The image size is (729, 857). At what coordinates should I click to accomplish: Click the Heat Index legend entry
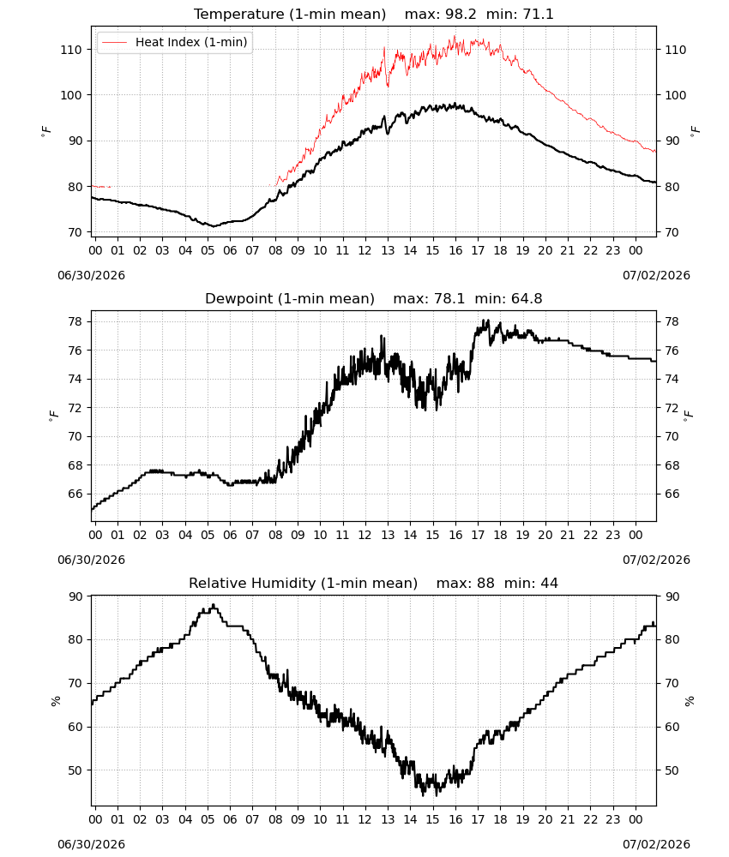(174, 42)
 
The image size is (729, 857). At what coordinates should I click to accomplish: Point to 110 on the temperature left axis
(71, 50)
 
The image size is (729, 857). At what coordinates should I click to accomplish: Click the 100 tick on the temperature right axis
(676, 95)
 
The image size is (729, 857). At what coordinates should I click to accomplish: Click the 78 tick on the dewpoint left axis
(75, 321)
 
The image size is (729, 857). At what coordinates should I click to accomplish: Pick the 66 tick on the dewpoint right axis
(672, 494)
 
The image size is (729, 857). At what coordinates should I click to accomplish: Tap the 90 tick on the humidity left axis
(75, 596)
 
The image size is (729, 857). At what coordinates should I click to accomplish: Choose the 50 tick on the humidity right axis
(672, 770)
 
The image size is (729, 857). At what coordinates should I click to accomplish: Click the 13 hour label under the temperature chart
(388, 250)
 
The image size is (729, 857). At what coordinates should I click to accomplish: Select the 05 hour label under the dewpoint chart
(208, 535)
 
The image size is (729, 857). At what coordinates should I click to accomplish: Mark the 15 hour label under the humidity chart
(432, 819)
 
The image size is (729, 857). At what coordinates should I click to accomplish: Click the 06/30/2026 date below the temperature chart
(91, 275)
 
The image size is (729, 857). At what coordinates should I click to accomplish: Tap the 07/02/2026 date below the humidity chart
(656, 844)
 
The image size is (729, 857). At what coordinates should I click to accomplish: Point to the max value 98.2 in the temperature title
(462, 15)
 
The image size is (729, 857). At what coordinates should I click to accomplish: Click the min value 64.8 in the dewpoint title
(527, 299)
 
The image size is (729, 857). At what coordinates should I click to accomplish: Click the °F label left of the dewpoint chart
(53, 416)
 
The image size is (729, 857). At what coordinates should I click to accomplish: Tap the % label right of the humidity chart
(690, 701)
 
